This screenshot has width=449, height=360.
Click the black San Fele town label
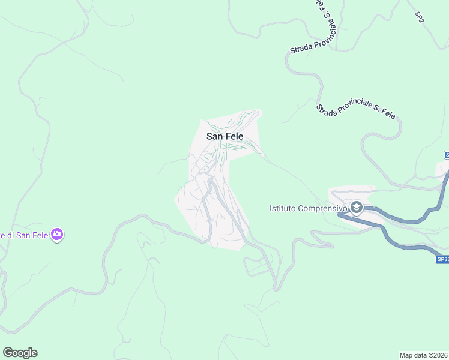coord(224,136)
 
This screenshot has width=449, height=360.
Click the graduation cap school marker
coord(357,208)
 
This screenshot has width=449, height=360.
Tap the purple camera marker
coord(57,235)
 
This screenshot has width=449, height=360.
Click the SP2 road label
coord(420,17)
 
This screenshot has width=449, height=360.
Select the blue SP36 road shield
coord(442,259)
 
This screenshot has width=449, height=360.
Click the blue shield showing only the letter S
coord(447,155)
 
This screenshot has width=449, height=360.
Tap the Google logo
coord(20,353)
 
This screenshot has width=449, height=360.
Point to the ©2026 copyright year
coord(439,355)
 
